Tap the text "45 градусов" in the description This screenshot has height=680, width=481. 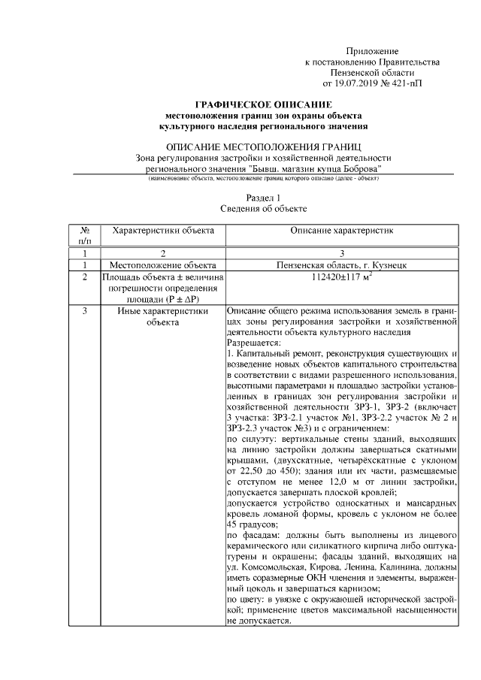tap(252, 524)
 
